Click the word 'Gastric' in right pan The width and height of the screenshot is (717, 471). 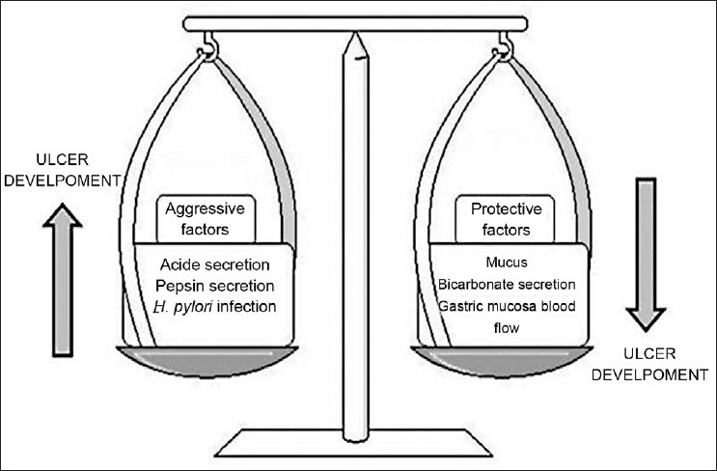[458, 306]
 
